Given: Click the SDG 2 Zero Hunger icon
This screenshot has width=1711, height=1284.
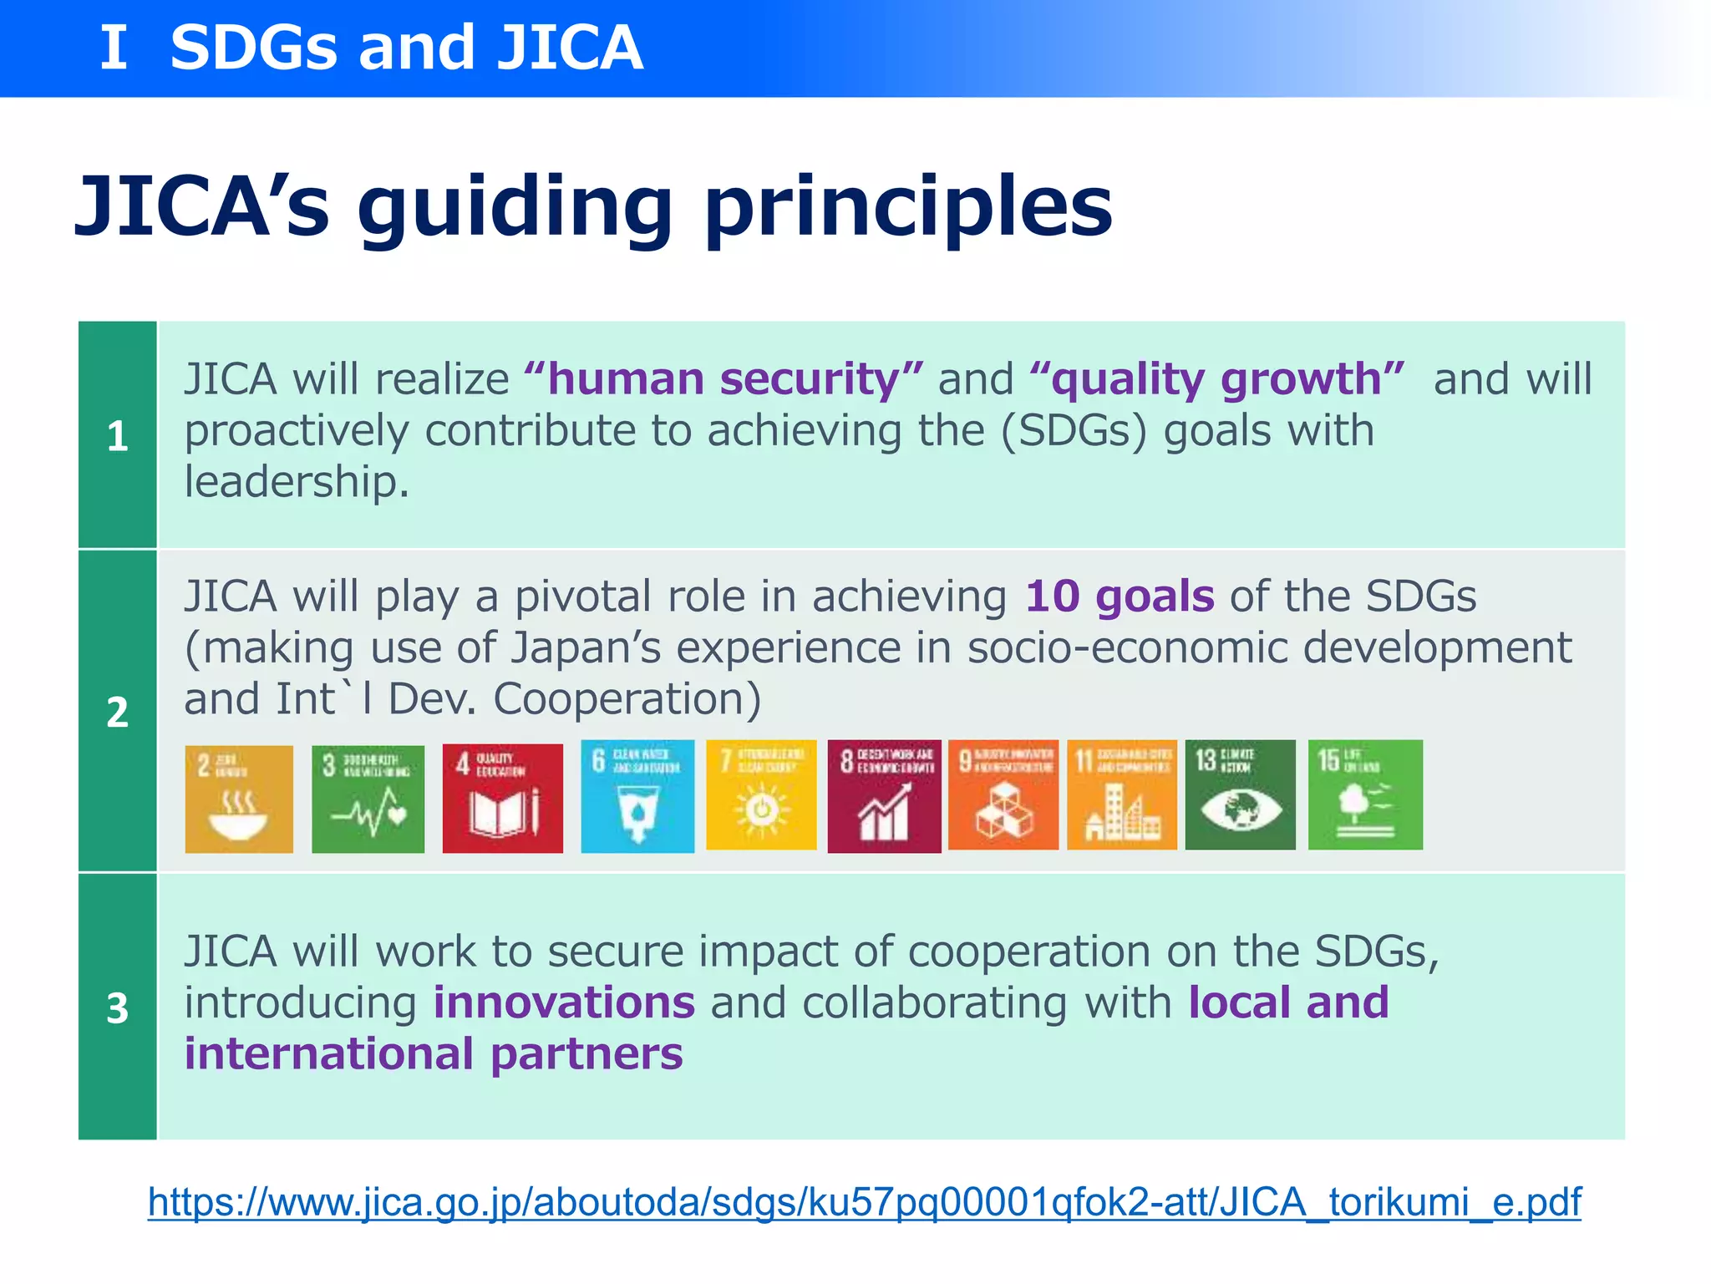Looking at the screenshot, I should (239, 799).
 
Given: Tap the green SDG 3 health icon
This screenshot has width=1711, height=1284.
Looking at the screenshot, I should (368, 799).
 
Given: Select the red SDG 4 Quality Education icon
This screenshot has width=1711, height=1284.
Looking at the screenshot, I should (502, 798).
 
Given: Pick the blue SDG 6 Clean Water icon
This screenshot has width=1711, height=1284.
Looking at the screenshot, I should (637, 796).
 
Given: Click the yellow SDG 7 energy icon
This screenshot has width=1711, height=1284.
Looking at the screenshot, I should (761, 794).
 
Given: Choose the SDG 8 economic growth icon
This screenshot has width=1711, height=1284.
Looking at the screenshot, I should (884, 795).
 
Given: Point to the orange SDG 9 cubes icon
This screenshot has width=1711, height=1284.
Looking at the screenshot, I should (1003, 794).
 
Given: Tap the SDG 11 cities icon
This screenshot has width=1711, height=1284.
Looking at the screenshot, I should (1122, 794).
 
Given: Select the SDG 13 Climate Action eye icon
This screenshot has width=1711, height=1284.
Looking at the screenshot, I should (1240, 794).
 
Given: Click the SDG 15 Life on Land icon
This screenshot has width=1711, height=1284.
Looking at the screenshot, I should (1365, 794).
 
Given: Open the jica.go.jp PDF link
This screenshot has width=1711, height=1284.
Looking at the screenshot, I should (864, 1202).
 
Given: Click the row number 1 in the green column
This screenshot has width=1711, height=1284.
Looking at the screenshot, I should (118, 436).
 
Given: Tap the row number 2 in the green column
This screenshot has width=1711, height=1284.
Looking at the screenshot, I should (118, 712).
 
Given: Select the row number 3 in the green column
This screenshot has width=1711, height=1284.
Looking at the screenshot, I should (118, 1007).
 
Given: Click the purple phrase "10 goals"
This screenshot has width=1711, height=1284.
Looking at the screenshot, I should (1120, 596).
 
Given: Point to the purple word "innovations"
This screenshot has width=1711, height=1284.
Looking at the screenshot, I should (564, 1002).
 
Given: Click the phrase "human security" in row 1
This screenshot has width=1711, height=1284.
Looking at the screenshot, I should (723, 379).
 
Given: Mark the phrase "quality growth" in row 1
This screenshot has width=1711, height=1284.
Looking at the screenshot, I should (1216, 379).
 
